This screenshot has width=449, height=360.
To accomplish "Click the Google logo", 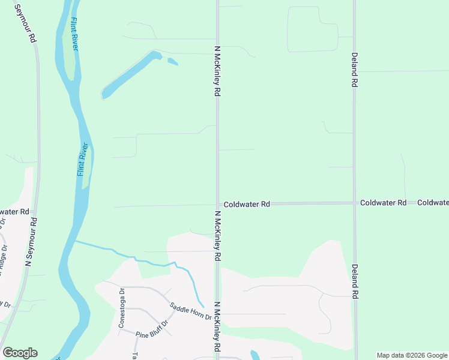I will pos(20,353).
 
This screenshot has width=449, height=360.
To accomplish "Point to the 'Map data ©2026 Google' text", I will pos(412,355).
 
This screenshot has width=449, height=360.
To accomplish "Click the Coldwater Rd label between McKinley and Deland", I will pos(247,205).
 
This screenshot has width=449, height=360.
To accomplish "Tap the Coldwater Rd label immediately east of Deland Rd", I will pos(384,203).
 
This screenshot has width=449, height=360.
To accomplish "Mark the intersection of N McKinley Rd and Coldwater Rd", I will pos(217,204).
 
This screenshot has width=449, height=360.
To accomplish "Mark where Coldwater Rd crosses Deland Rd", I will pos(354,203).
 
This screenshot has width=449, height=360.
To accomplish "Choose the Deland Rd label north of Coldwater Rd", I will pos(355,71).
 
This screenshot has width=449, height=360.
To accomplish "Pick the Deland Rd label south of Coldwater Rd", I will pos(355,281).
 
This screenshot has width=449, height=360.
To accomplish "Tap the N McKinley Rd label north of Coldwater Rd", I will pos(217,71).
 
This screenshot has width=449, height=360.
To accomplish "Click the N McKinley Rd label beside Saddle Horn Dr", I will pos(217,327).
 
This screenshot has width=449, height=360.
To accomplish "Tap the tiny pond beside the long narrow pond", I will pos(172,61).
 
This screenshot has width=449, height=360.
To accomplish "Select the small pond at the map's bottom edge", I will pos(255,355).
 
